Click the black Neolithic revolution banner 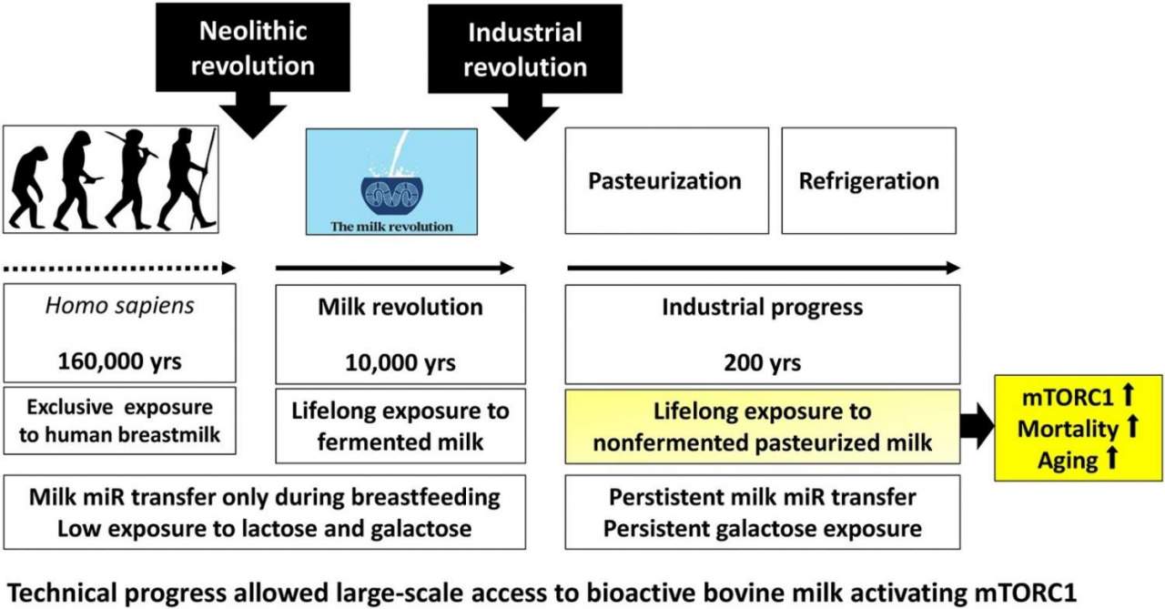(x=253, y=47)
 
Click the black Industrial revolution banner (x=525, y=49)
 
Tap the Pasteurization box (x=667, y=180)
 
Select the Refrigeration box (x=868, y=180)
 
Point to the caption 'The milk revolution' (x=391, y=227)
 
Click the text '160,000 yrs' (x=119, y=360)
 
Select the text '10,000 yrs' (x=400, y=362)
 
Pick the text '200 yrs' (x=763, y=362)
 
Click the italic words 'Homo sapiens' (x=119, y=306)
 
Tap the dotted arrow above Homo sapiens (x=119, y=269)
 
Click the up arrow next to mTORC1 (x=1128, y=395)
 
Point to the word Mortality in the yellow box (x=1068, y=429)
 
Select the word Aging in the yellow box (x=1068, y=461)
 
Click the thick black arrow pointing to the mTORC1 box (x=978, y=426)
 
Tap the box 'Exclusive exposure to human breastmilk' (x=119, y=421)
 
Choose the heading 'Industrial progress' (x=763, y=307)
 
